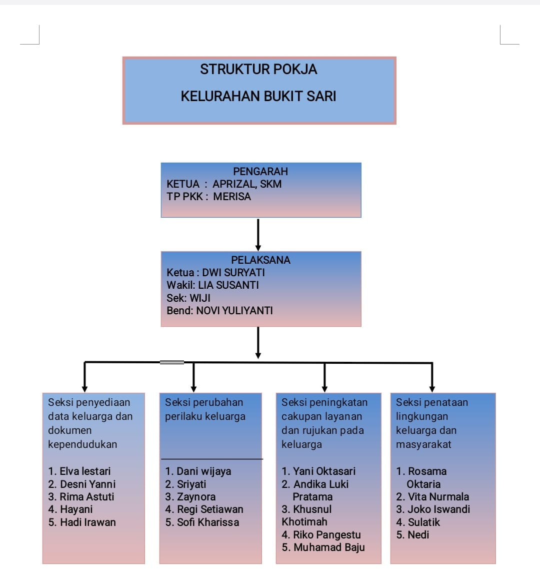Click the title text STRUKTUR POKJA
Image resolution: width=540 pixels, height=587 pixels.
click(x=258, y=70)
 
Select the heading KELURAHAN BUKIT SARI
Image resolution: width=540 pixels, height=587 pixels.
click(x=258, y=96)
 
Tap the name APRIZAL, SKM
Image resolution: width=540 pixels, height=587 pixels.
click(x=247, y=184)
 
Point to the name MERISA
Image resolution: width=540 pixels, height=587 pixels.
click(x=232, y=197)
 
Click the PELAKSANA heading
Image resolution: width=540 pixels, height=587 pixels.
click(x=260, y=260)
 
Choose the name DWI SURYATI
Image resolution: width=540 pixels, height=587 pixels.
click(x=233, y=273)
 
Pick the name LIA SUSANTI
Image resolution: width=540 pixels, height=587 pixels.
click(x=228, y=285)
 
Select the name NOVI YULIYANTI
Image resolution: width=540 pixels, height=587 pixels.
click(x=234, y=311)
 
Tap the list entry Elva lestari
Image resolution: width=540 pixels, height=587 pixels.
click(x=84, y=471)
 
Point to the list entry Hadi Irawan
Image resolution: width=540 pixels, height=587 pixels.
click(x=87, y=522)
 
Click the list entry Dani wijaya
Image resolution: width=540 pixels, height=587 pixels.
click(x=203, y=471)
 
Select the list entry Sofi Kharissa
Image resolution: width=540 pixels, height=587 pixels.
click(x=207, y=522)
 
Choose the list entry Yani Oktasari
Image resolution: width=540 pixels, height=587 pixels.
click(x=324, y=471)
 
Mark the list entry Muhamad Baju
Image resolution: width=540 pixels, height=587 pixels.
click(x=329, y=547)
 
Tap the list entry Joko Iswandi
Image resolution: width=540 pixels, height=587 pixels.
click(x=438, y=509)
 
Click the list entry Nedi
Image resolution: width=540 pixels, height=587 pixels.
click(x=418, y=535)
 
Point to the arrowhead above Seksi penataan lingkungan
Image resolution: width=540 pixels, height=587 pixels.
click(x=432, y=388)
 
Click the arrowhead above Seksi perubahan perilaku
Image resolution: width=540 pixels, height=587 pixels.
click(x=193, y=388)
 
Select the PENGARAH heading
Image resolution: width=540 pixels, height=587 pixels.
click(x=260, y=171)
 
